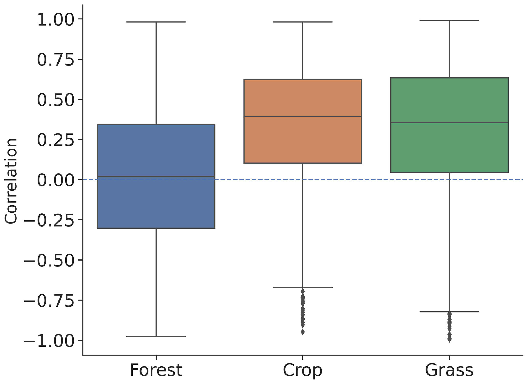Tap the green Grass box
tap(449, 148)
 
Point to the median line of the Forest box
tap(156, 176)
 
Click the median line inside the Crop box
tap(302, 117)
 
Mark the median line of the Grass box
tap(449, 123)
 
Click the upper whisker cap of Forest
tap(156, 22)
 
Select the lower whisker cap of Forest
tap(156, 336)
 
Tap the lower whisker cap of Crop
tap(302, 287)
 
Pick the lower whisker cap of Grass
tap(449, 312)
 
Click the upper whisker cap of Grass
tap(449, 21)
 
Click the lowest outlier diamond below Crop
tap(303, 332)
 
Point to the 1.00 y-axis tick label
tap(56, 19)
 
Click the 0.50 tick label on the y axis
tap(56, 100)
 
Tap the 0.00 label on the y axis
tap(56, 180)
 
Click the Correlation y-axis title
tap(11, 181)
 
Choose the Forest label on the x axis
tap(156, 370)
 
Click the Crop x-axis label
tap(302, 370)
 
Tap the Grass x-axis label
tap(449, 370)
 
